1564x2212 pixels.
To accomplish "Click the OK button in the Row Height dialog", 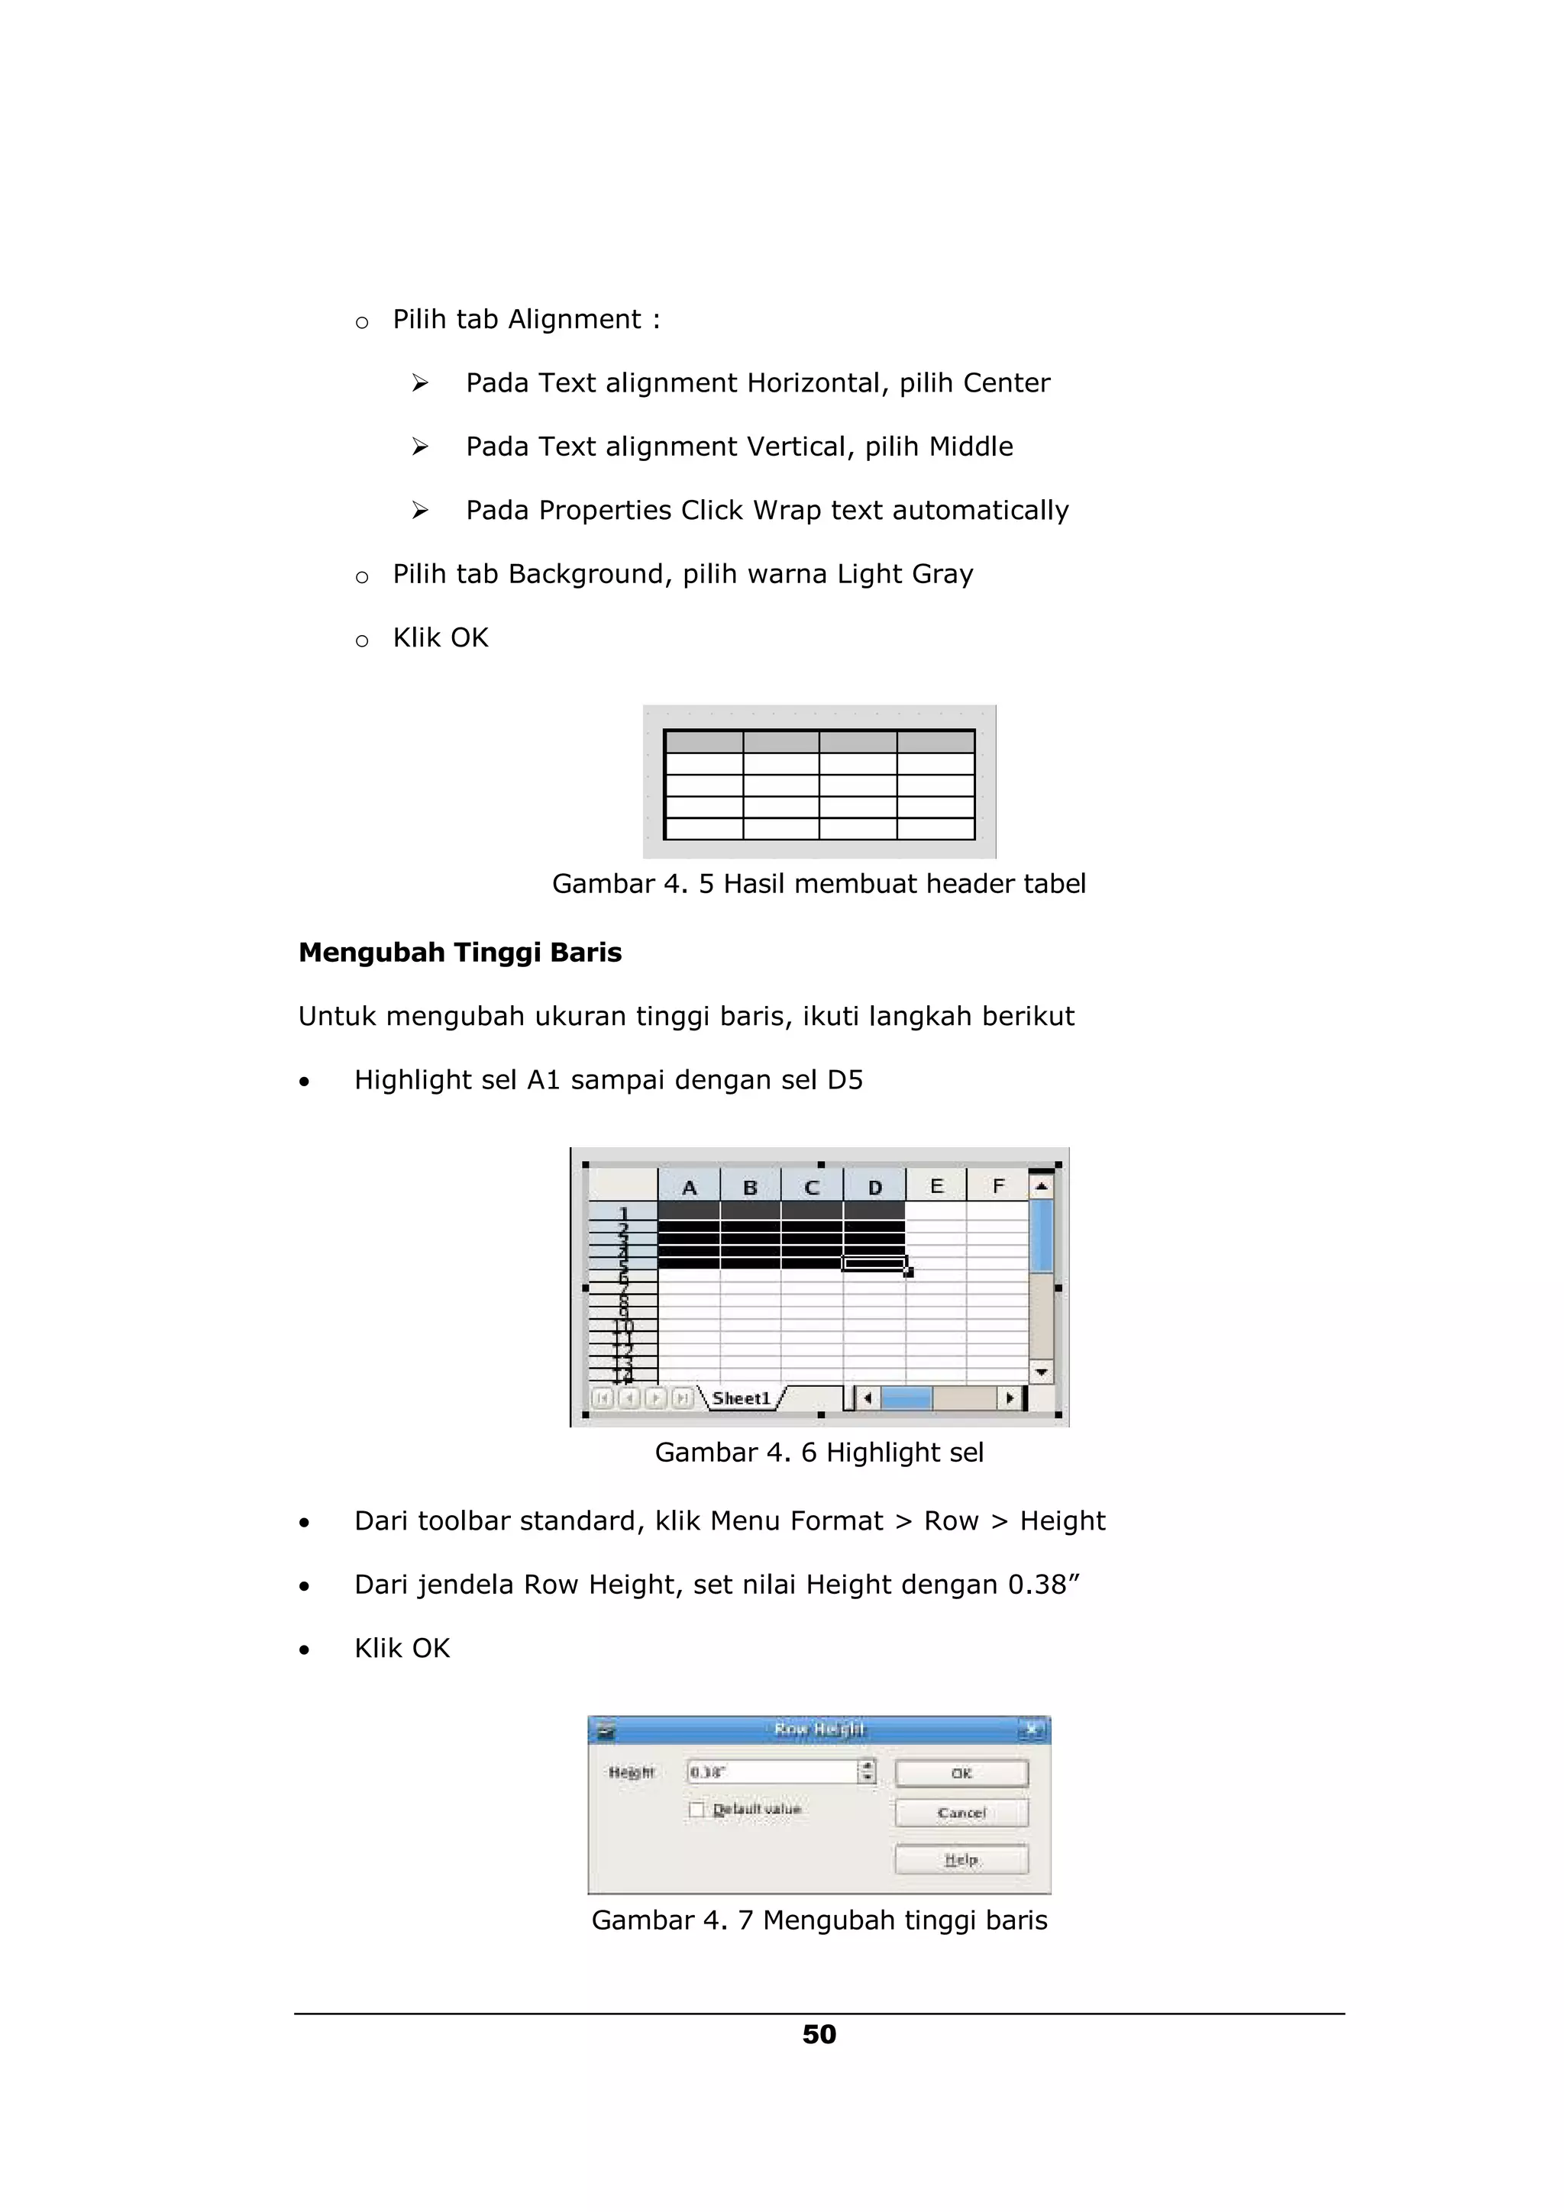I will (961, 1772).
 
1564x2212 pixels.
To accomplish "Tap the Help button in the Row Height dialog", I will (961, 1859).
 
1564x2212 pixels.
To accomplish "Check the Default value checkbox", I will (696, 1809).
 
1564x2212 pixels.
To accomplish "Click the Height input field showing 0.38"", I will (771, 1772).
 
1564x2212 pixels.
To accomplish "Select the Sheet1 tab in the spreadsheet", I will (741, 1398).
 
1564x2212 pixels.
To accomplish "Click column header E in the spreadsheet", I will (935, 1186).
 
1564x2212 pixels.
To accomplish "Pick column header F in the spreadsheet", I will (997, 1186).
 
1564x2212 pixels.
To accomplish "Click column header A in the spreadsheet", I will (689, 1187).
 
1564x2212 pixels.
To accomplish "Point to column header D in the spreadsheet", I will (874, 1187).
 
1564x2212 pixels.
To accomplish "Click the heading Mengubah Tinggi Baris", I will (460, 953).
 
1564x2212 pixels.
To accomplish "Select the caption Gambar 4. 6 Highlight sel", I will (819, 1452).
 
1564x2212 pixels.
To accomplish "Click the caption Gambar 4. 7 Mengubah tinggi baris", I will (819, 1920).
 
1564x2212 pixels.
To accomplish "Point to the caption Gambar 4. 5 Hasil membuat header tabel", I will (819, 883).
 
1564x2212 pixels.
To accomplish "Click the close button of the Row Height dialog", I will (1031, 1730).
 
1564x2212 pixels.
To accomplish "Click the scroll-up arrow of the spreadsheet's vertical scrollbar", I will (1041, 1187).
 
